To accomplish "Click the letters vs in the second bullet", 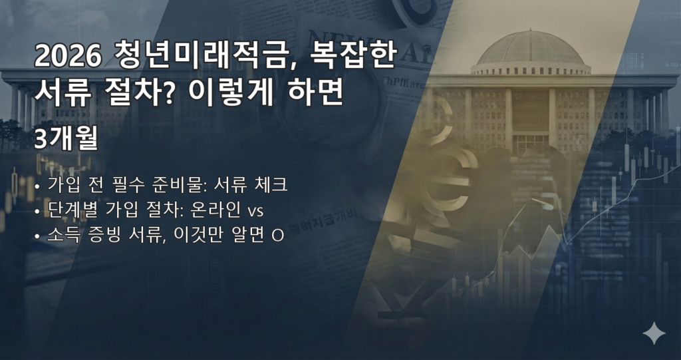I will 255,212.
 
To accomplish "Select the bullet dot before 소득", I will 37,237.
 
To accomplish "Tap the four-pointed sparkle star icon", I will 654,333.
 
